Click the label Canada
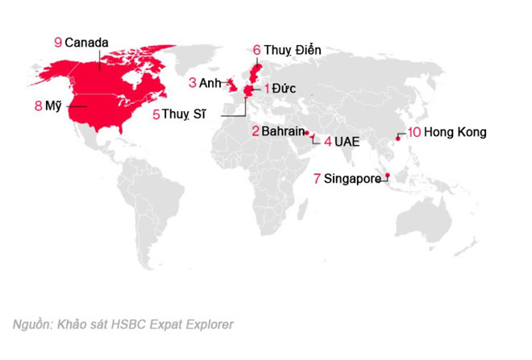click(86, 42)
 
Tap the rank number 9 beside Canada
click(57, 42)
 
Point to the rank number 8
click(39, 105)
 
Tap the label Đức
click(285, 87)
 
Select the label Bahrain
click(282, 131)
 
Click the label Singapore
click(352, 179)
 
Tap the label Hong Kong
click(455, 132)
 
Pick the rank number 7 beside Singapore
click(318, 179)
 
